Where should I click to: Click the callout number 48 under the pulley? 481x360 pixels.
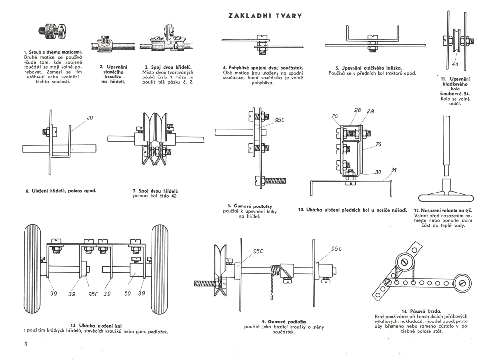pyautogui.click(x=455, y=65)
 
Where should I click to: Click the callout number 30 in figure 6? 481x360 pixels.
pyautogui.click(x=90, y=117)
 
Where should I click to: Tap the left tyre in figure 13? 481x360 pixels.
pyautogui.click(x=32, y=269)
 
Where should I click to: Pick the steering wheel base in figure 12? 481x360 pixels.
pyautogui.click(x=444, y=197)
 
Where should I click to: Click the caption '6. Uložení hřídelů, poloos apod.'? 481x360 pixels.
pyautogui.click(x=61, y=191)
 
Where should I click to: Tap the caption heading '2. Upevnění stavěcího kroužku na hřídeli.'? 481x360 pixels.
pyautogui.click(x=113, y=75)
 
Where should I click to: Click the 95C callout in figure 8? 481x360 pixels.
pyautogui.click(x=280, y=120)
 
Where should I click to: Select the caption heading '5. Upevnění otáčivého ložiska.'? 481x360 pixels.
pyautogui.click(x=369, y=68)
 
